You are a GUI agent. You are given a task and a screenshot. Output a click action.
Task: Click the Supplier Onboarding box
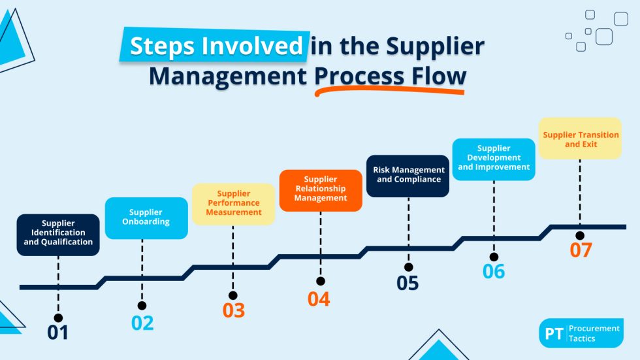[x=146, y=218]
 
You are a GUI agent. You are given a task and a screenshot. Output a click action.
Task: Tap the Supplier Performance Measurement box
[x=233, y=203]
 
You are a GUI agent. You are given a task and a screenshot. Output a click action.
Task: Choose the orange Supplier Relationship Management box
[x=320, y=189]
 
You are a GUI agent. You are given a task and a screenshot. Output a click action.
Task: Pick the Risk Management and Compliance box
[x=408, y=175]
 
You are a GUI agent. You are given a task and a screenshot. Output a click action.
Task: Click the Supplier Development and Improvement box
[x=494, y=159]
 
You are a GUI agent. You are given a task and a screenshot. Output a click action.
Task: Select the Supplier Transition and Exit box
[x=580, y=139]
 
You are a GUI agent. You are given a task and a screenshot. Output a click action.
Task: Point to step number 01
[x=57, y=333]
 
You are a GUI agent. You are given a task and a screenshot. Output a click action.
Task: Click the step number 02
[x=142, y=323]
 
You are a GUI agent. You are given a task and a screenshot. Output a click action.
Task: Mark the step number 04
[x=319, y=299]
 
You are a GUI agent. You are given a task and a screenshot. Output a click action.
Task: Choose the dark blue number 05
[x=408, y=283]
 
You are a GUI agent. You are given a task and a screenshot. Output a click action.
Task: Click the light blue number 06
[x=494, y=270]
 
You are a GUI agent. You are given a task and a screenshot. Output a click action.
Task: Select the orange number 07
[x=580, y=250]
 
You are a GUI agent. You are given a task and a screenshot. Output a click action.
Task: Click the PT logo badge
[x=553, y=333]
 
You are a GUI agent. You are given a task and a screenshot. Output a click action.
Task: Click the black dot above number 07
[x=580, y=235]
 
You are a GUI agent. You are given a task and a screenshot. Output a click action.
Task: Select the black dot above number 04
[x=320, y=282]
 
